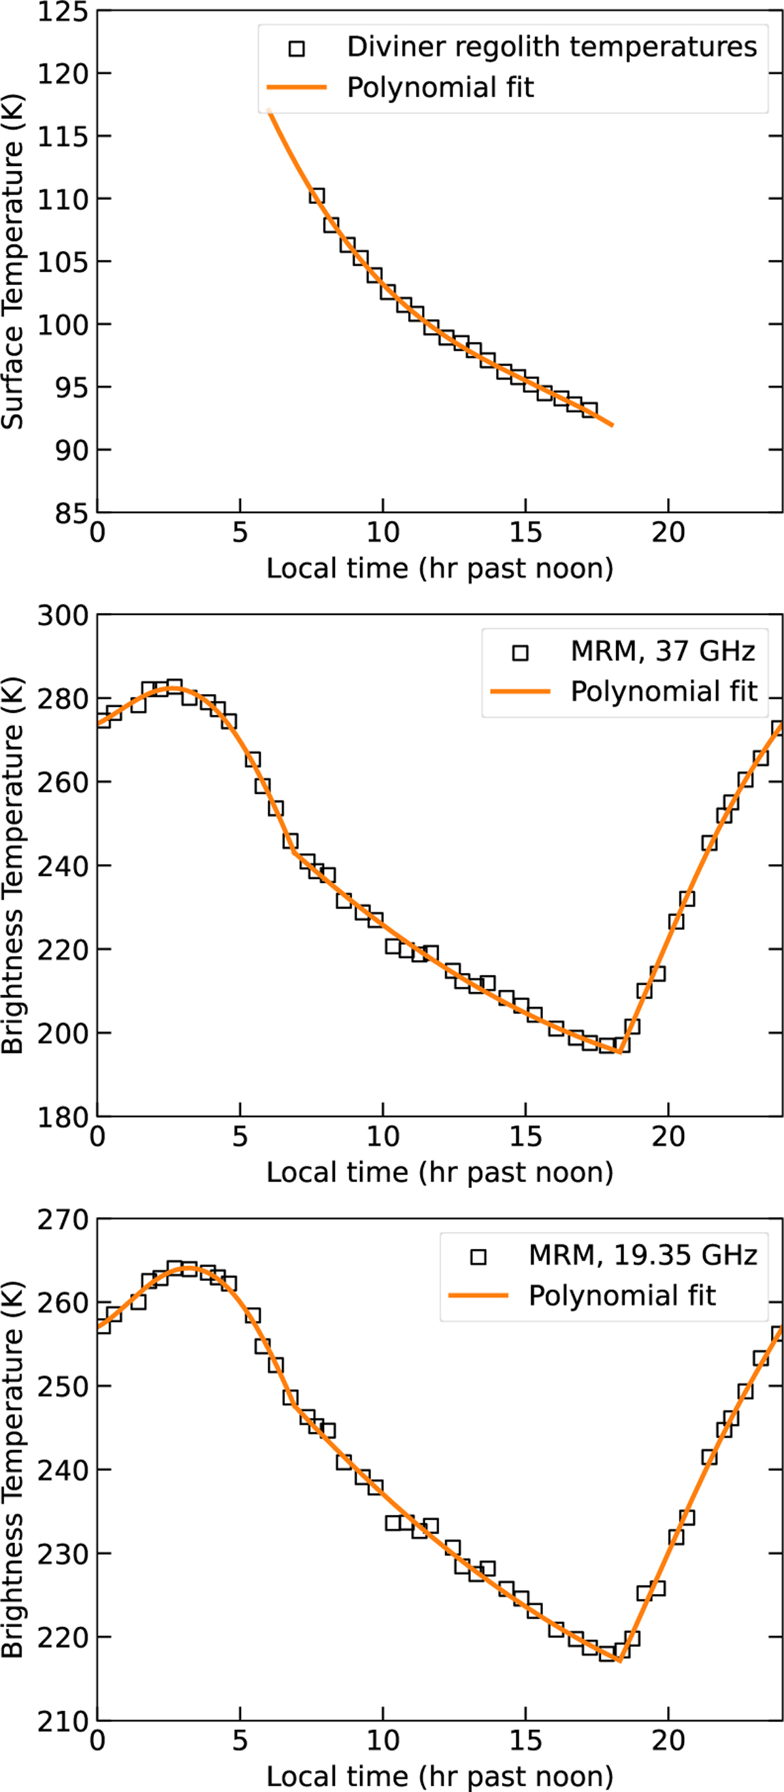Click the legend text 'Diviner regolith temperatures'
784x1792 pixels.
click(x=551, y=47)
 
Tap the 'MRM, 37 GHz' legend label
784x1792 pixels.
click(x=663, y=651)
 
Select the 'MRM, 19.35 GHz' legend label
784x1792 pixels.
click(x=643, y=1255)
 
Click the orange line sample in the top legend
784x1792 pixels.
click(x=297, y=88)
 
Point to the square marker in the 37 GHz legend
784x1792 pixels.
click(x=519, y=652)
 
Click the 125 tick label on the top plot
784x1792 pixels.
click(x=63, y=12)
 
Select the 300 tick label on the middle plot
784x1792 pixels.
click(x=63, y=616)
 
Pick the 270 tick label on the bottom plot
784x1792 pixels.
click(x=63, y=1220)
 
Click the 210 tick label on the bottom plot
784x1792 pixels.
click(x=63, y=1721)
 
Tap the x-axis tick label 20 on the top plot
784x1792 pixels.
click(x=668, y=533)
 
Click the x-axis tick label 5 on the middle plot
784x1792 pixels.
click(x=240, y=1137)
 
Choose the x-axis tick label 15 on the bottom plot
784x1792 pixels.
click(x=525, y=1740)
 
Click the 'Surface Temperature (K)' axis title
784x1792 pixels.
click(x=12, y=261)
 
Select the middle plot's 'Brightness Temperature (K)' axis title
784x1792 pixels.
click(x=12, y=865)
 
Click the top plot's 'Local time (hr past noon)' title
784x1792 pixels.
click(x=440, y=569)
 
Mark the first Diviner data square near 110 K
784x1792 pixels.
click(x=316, y=195)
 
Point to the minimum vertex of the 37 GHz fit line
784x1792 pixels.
click(x=619, y=1052)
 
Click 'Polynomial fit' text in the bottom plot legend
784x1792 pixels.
click(x=622, y=1295)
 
